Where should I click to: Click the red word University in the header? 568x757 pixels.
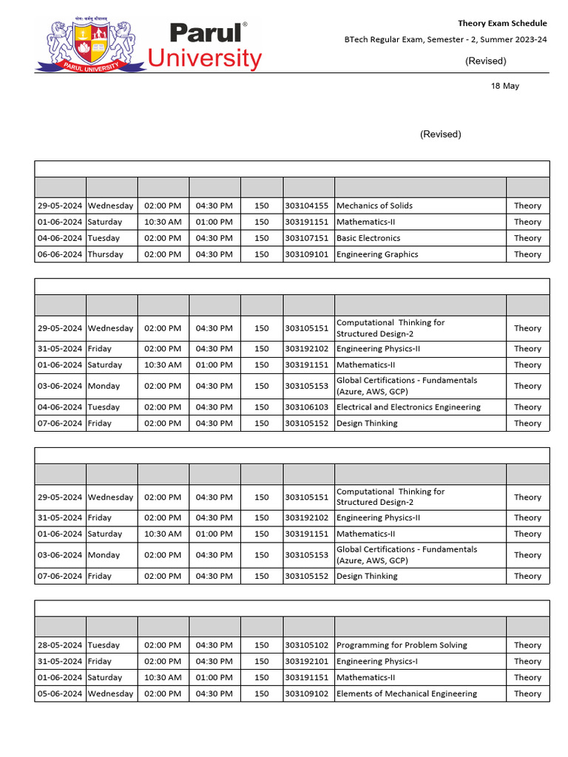point(205,58)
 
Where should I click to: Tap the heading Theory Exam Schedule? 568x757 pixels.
point(502,24)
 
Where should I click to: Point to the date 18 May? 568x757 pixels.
point(505,86)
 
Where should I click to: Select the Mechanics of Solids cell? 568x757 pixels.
point(374,206)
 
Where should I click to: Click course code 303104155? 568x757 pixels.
point(306,206)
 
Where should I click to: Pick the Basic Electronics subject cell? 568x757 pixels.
point(368,238)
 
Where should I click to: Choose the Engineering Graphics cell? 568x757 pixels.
point(377,254)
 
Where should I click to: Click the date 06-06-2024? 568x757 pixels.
point(60,254)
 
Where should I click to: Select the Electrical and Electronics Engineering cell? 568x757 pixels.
point(408,407)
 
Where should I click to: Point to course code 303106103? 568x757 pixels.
point(306,407)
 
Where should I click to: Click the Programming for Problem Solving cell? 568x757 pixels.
point(402,645)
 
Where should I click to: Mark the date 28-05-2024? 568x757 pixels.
point(60,645)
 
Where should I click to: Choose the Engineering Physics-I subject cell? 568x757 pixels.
point(377,662)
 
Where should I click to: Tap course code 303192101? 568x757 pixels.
point(306,662)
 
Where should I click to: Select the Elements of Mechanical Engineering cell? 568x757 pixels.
point(407,694)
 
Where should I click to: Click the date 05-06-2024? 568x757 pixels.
point(60,694)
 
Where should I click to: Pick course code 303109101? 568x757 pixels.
point(306,254)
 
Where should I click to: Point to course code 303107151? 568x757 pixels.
point(306,238)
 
